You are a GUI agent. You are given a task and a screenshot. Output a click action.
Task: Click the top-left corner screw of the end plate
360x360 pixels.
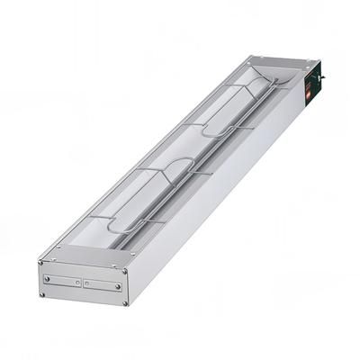42,265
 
